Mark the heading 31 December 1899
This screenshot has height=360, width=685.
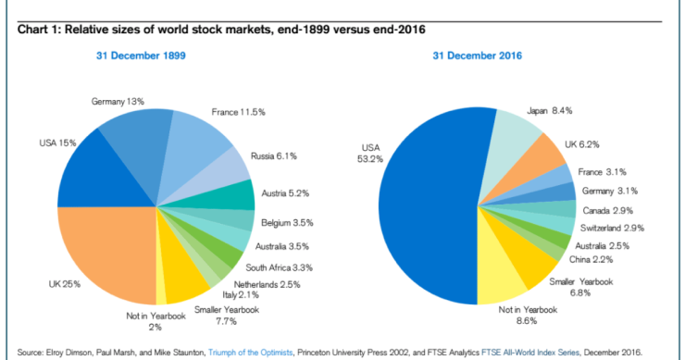point(142,56)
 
